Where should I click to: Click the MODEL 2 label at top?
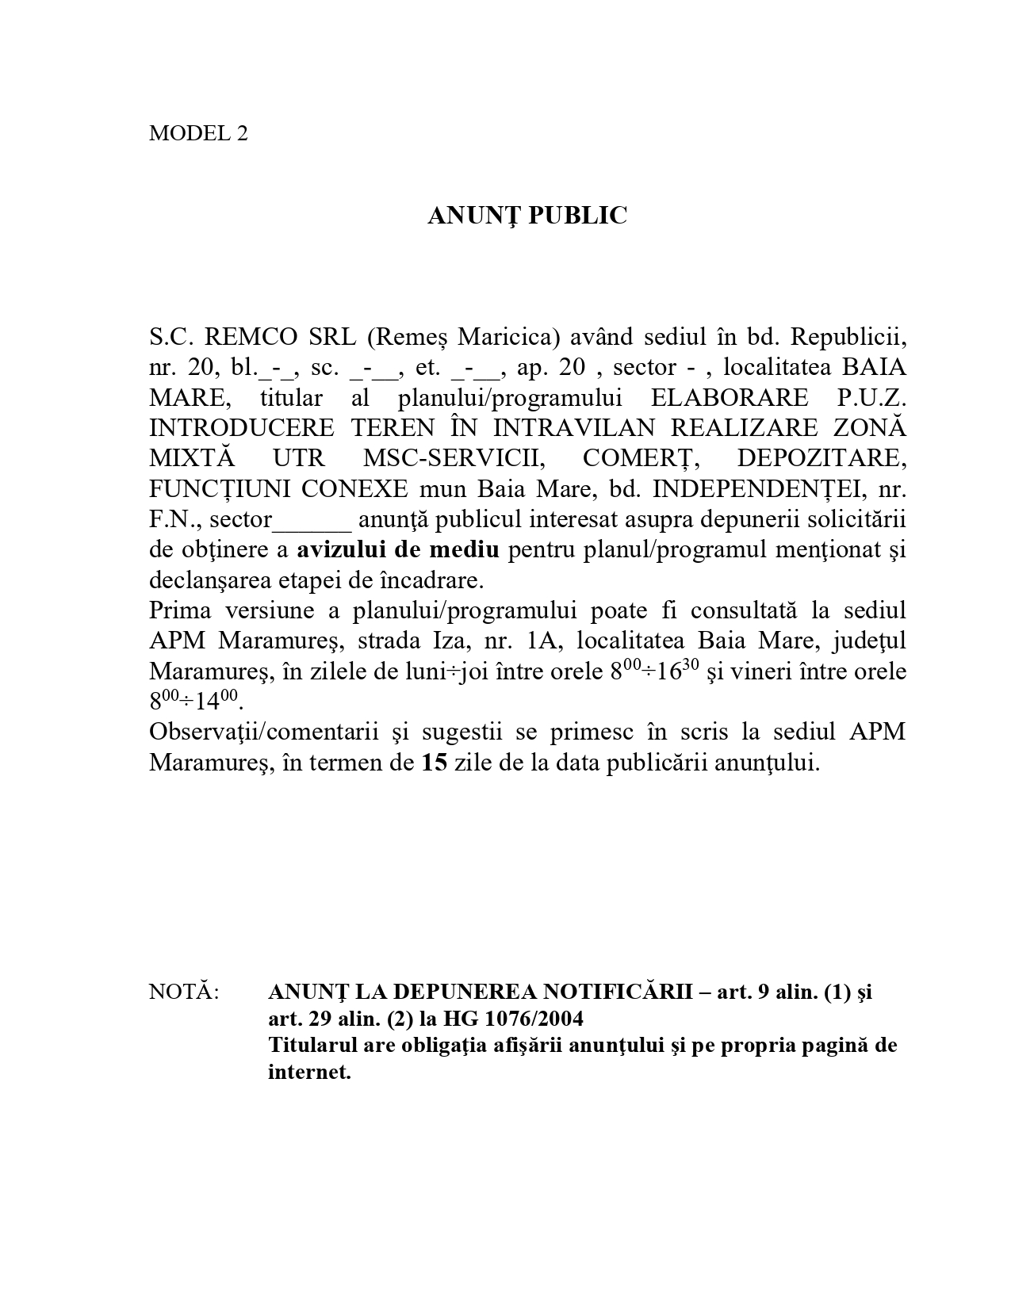[198, 133]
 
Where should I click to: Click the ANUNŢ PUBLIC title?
[527, 216]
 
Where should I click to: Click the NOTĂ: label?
[184, 992]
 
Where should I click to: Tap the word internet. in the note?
[309, 1073]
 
